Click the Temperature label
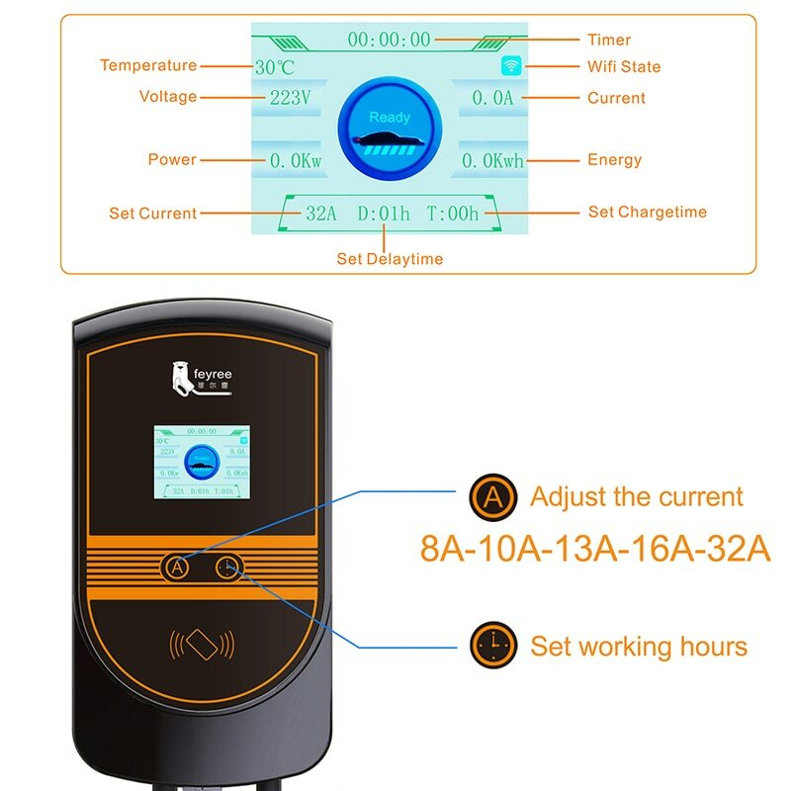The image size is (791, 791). tap(148, 65)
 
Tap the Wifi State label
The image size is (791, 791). tap(624, 66)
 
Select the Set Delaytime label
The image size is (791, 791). tap(390, 259)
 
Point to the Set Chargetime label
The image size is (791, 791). tap(648, 212)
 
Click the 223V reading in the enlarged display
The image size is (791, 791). tap(291, 98)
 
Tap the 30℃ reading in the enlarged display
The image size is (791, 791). tap(275, 68)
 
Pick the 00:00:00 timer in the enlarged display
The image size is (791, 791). tap(390, 40)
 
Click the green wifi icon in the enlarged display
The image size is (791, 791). tap(511, 66)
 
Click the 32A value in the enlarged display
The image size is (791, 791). tap(322, 213)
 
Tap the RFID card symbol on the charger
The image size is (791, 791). tap(203, 645)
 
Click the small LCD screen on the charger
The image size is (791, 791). tap(202, 462)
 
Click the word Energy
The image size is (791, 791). tap(615, 159)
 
